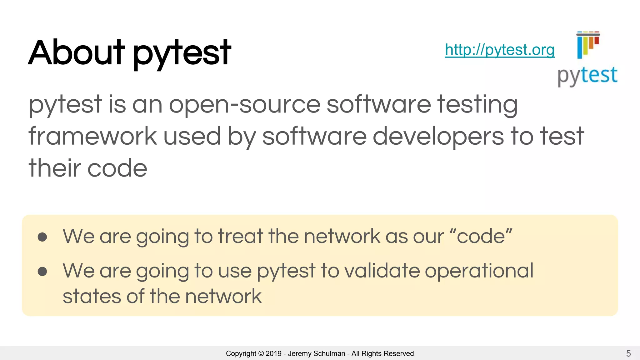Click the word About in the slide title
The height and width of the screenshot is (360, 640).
coord(76,52)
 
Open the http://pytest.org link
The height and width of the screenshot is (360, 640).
coord(499,50)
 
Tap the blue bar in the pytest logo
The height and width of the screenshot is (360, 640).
coord(580,47)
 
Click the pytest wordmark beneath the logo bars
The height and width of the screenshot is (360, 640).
coord(587,76)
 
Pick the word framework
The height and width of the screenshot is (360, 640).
coord(92,136)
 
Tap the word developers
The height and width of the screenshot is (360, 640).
coord(438,136)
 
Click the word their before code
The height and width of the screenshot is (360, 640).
coord(55,168)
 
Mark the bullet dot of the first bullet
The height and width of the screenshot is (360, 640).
coord(42,237)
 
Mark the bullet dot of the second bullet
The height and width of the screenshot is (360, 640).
coord(42,271)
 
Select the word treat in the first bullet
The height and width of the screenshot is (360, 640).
coord(240,236)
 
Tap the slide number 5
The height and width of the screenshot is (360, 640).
coord(628,353)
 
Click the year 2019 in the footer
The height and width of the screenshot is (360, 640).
coord(273,353)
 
